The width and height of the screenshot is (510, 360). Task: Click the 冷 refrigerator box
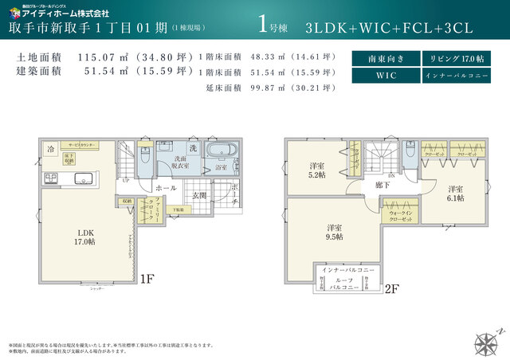click(x=50, y=149)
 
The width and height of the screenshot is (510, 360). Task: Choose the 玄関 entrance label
click(x=199, y=194)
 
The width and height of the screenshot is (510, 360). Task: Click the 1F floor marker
click(x=147, y=279)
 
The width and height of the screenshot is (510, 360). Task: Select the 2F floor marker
click(x=390, y=290)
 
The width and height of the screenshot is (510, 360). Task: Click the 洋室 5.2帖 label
click(x=316, y=170)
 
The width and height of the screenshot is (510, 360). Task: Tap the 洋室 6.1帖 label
click(x=455, y=194)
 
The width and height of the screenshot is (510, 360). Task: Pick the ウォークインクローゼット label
click(x=400, y=215)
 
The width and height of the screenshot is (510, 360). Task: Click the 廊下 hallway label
click(x=381, y=185)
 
